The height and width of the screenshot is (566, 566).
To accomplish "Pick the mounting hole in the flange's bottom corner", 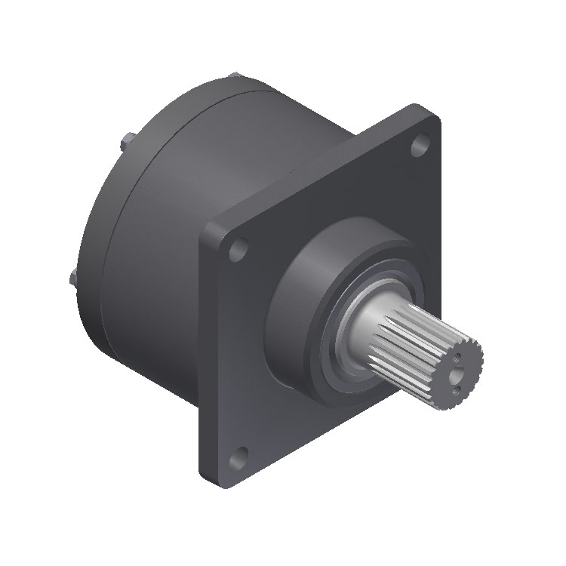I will tap(241, 454).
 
